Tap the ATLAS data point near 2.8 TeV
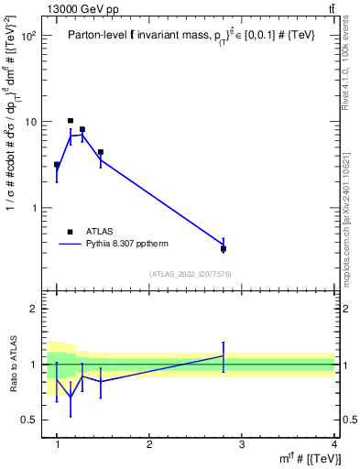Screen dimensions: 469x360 tap(224, 248)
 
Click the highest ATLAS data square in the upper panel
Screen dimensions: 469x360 tap(71, 121)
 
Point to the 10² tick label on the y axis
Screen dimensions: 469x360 tap(28, 37)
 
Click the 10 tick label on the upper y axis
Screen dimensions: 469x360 tap(31, 122)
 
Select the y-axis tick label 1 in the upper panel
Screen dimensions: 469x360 tap(35, 208)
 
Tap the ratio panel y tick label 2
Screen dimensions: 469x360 tap(35, 309)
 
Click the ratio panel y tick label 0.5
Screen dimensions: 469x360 tap(31, 420)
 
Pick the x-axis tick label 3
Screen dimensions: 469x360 tap(242, 444)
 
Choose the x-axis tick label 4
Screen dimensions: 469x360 tap(334, 444)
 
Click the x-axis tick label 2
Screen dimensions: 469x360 tap(149, 444)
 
